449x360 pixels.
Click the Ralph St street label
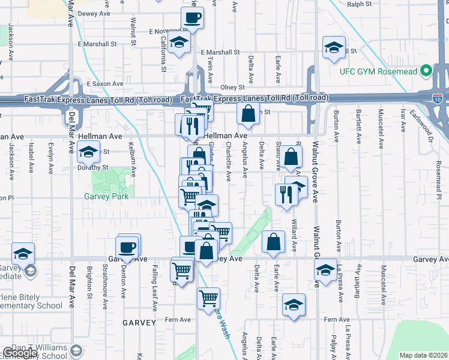tap(360, 4)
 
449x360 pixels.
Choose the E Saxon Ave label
tap(105, 84)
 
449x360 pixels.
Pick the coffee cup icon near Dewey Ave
tap(192, 18)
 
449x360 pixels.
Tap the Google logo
tap(20, 353)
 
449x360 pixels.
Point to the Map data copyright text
tap(424, 355)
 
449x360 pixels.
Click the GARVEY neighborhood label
tap(139, 323)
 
